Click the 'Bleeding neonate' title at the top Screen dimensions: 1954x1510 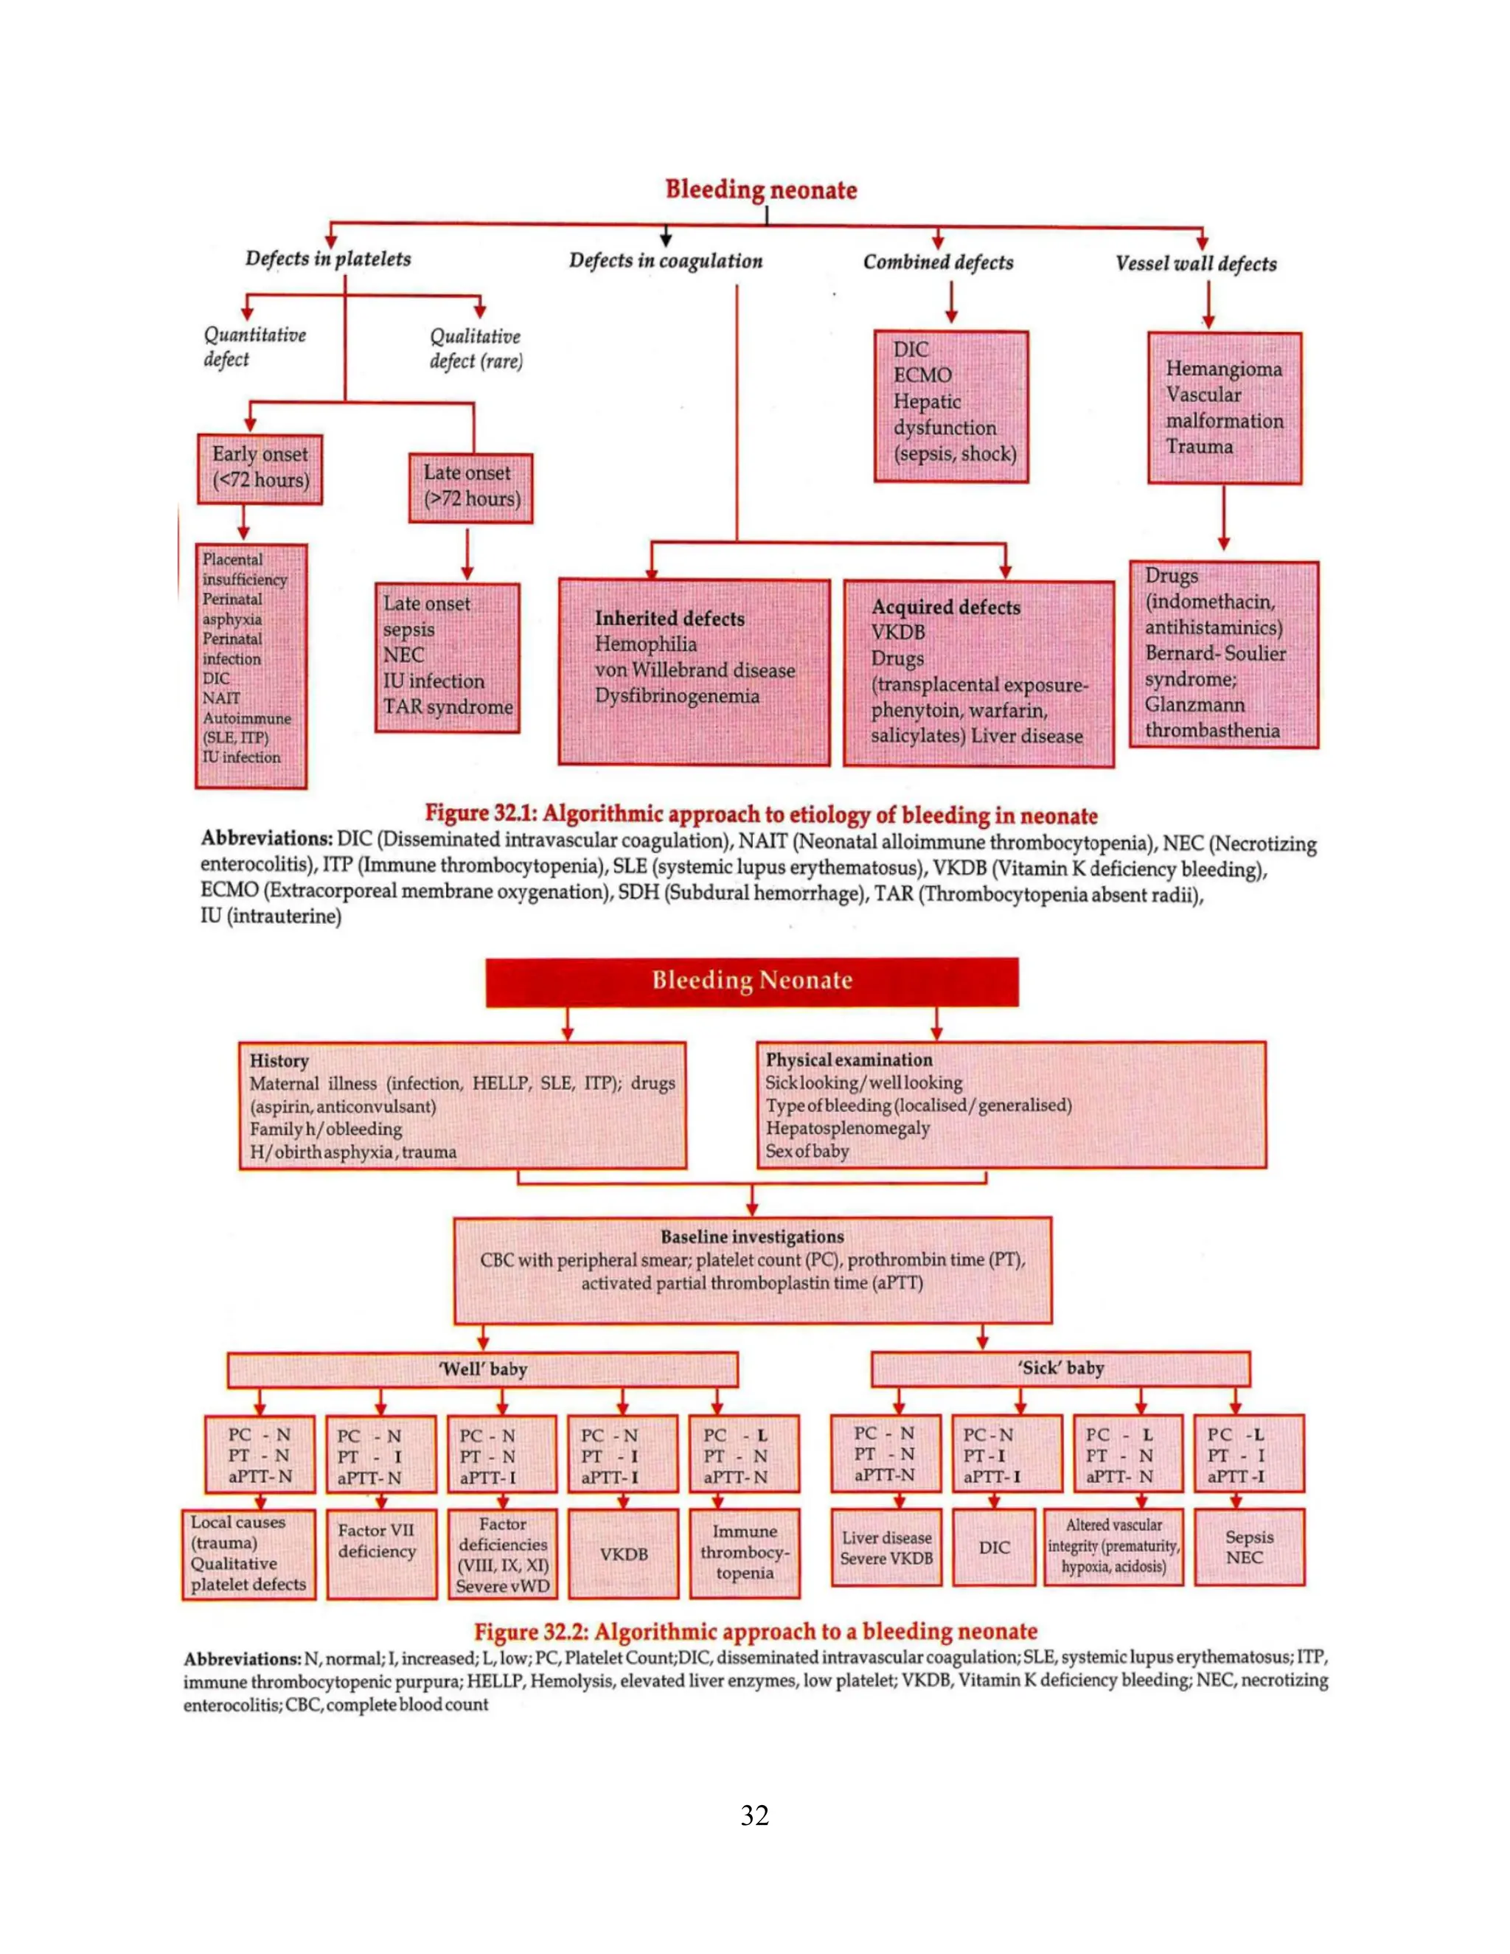click(760, 190)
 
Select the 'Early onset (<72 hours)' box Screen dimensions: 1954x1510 click(260, 468)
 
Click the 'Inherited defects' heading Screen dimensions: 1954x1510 click(669, 618)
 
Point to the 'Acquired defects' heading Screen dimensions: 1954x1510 click(945, 607)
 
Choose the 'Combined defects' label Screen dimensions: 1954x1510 click(938, 262)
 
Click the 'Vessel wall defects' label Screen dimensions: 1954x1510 click(1195, 263)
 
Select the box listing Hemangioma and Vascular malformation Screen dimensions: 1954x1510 click(1224, 408)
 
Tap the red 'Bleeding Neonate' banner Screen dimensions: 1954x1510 click(751, 981)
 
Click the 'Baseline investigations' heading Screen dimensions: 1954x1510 click(751, 1237)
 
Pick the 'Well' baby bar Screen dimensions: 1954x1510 click(482, 1369)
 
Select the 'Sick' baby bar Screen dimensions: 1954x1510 click(1060, 1368)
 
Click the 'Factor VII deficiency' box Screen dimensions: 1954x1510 click(377, 1542)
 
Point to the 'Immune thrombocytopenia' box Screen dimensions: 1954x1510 click(744, 1552)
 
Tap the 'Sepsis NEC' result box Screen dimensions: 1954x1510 click(1249, 1547)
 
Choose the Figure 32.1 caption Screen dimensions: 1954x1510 click(760, 814)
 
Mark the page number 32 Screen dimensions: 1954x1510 click(755, 1815)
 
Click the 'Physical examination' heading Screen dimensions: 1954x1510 click(848, 1060)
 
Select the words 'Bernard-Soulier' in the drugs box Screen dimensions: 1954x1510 click(1215, 653)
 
